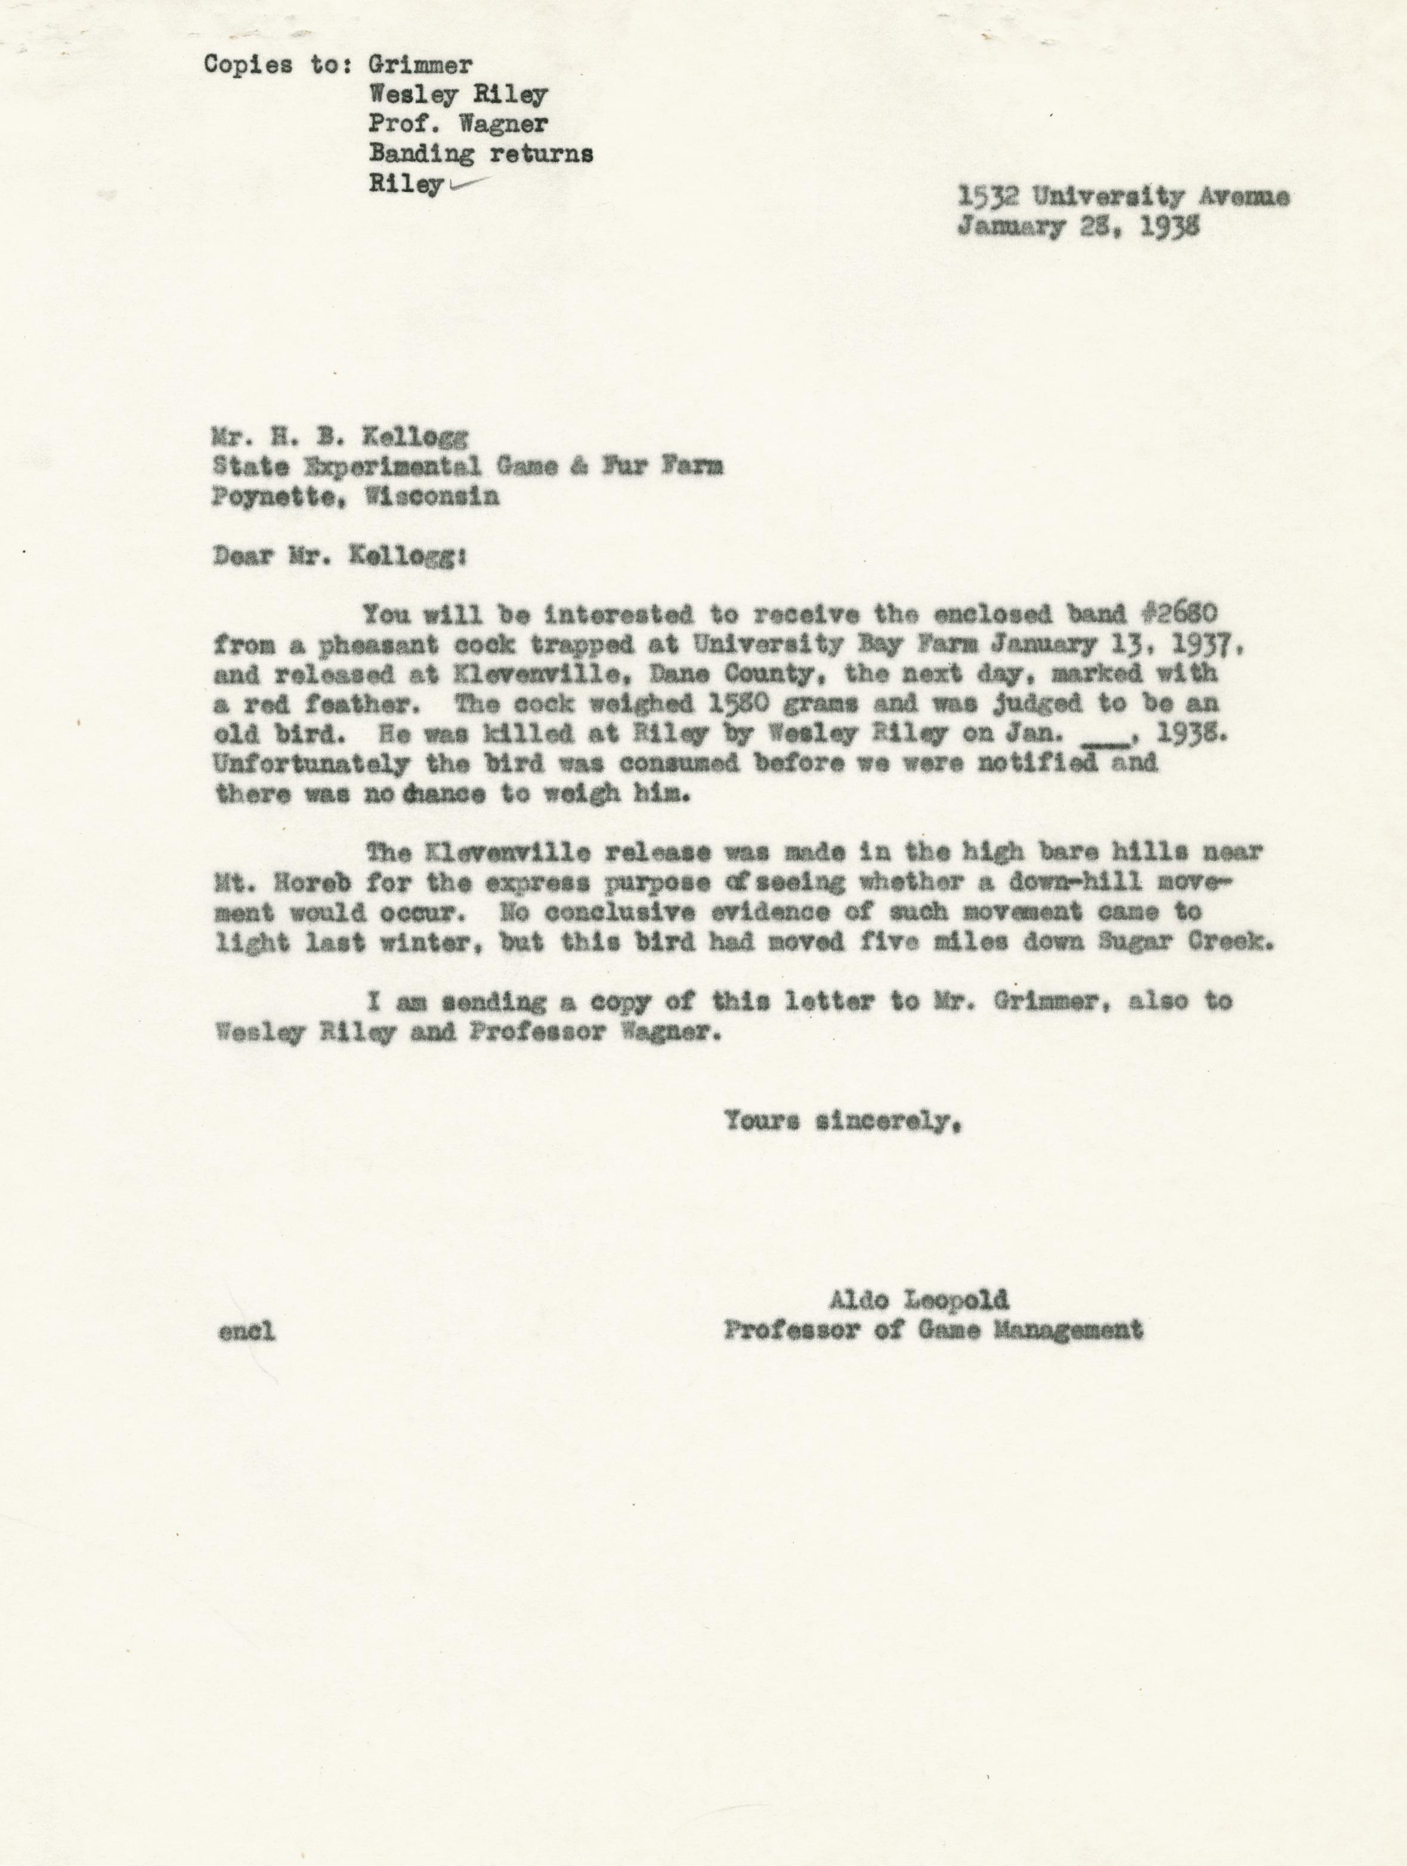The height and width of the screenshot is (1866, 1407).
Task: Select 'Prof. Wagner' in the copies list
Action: click(x=458, y=125)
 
